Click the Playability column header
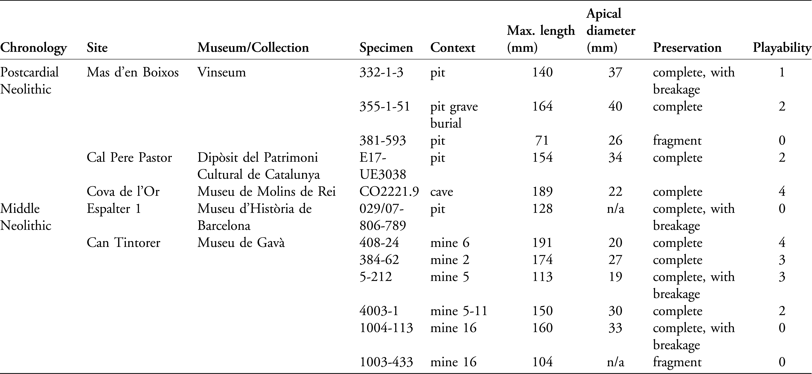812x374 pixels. [782, 48]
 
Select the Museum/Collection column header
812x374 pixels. [253, 48]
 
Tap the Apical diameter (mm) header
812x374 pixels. [611, 31]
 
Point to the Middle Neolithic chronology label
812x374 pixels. [26, 217]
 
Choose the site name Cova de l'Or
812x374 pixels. [123, 192]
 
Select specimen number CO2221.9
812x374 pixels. [389, 192]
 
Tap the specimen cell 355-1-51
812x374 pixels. [385, 106]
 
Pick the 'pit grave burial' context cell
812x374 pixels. [454, 115]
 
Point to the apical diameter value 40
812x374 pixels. [615, 106]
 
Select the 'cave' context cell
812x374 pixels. [442, 192]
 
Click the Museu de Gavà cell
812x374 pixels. [241, 243]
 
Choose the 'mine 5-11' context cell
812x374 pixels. [459, 311]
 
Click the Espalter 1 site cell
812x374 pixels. [114, 209]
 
